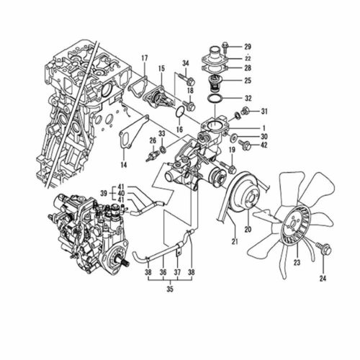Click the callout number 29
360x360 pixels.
tap(248, 47)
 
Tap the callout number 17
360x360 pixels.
tap(145, 58)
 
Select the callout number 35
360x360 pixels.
tap(170, 289)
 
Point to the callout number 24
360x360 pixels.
tap(323, 279)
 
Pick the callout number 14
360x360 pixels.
tap(124, 165)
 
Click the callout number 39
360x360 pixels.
tap(104, 194)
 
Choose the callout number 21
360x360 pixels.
tap(235, 241)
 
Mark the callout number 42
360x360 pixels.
tap(264, 145)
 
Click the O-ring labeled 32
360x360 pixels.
tap(215, 99)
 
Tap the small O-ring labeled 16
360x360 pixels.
tap(180, 112)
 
